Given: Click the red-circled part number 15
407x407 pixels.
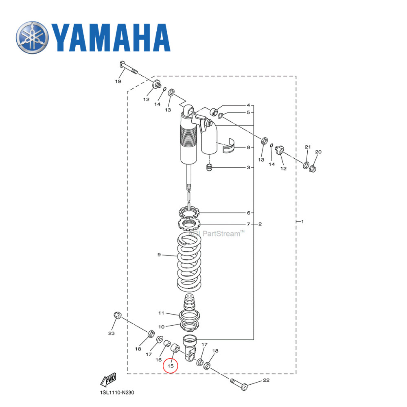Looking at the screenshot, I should coord(171,366).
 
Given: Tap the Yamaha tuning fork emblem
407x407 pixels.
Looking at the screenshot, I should coord(33,37).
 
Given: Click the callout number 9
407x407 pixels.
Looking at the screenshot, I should coord(159,255).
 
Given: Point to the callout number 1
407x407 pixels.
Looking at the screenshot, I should coord(302,222).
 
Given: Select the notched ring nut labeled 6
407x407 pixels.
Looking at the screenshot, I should coord(188,212).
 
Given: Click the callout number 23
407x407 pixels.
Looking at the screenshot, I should coord(111,333).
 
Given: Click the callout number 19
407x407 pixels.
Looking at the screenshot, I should coord(118,81).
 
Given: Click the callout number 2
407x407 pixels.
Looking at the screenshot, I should coord(260,224).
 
